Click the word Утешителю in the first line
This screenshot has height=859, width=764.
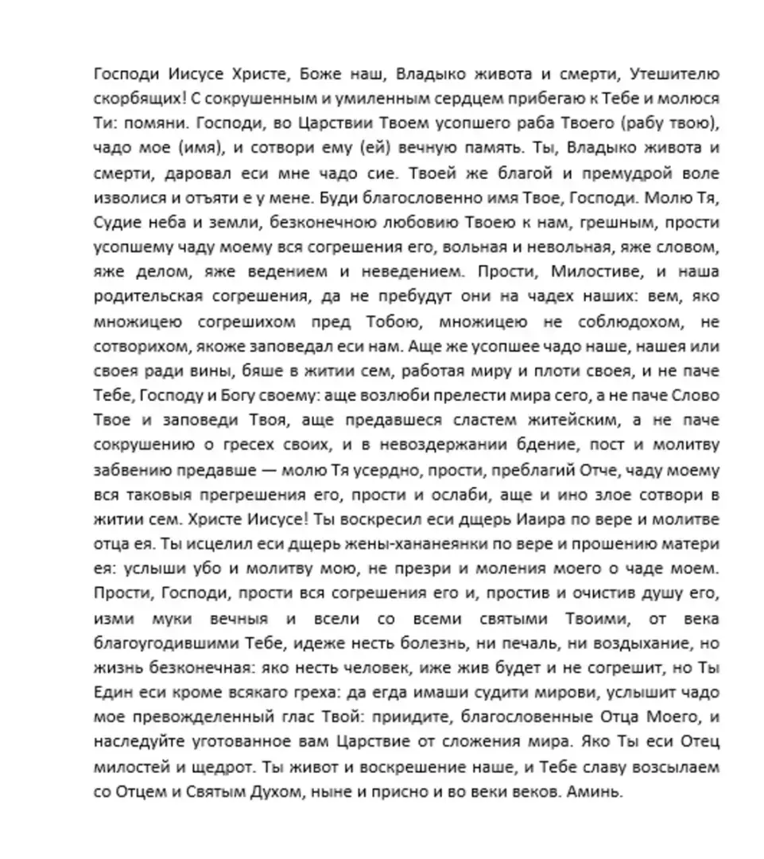674,76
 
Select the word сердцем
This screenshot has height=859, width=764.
412,100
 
